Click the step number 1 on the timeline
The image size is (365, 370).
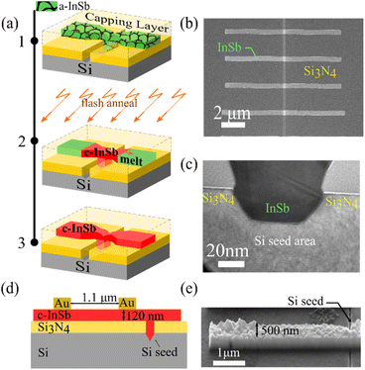(x=33, y=44)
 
